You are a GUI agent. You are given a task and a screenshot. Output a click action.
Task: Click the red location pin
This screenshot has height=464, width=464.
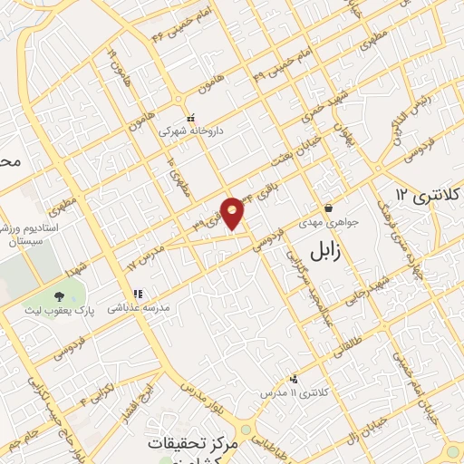pos(233,212)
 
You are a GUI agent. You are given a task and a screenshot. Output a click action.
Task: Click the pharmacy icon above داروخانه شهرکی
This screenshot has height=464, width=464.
pos(190,119)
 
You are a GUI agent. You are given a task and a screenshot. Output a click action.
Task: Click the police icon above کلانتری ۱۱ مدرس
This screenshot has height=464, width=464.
pos(293,380)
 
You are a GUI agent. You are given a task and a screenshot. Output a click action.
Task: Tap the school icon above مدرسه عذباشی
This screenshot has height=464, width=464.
pos(138,294)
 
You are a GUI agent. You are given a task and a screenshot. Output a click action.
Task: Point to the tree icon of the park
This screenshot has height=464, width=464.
pos(60,296)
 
